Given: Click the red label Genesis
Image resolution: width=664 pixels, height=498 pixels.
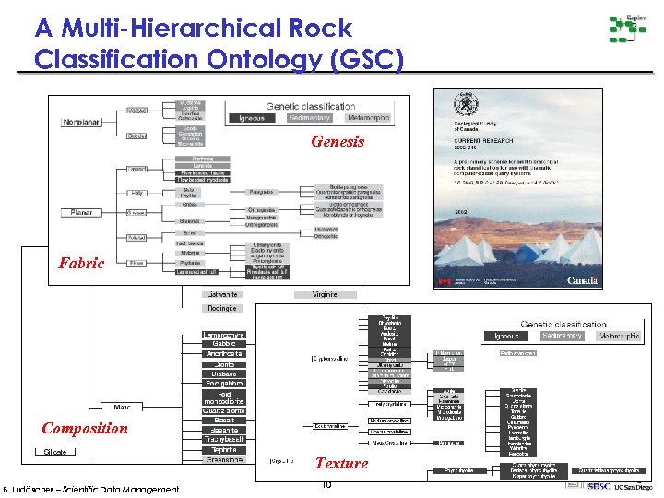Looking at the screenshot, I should [x=338, y=142].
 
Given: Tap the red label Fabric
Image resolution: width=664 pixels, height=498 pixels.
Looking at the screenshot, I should [x=81, y=263].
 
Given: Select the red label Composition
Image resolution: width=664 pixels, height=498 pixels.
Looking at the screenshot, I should [x=85, y=428].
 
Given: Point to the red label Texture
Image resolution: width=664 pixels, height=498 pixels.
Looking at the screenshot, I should [x=341, y=463].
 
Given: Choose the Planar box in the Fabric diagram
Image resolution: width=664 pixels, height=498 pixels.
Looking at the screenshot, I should [x=81, y=212].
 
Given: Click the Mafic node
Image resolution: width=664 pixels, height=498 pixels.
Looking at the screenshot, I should [x=122, y=407].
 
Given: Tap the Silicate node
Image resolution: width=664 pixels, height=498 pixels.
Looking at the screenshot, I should [x=54, y=452].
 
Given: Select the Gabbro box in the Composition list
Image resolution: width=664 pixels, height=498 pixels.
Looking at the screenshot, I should [x=223, y=344].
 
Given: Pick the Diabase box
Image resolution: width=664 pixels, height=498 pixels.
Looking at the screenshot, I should [x=223, y=374].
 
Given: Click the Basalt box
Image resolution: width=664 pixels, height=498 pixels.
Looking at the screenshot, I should [x=223, y=420].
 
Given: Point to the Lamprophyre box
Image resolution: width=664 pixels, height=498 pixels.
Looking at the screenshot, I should [x=223, y=334].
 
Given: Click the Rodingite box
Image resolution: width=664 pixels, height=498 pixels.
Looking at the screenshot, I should [x=222, y=308].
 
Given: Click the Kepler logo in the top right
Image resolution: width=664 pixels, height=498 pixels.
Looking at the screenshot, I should [x=627, y=30].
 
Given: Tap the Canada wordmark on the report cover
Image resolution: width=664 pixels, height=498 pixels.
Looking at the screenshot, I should [x=581, y=279].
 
